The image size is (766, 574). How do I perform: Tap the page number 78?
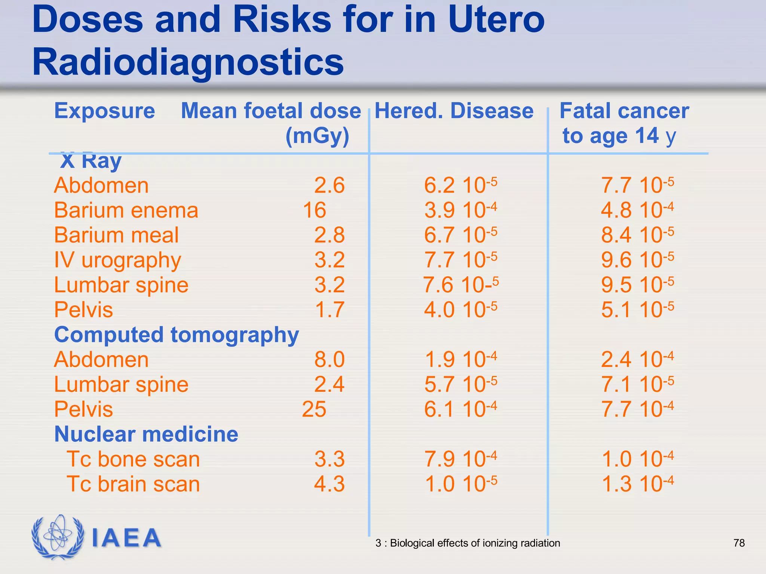pyautogui.click(x=739, y=543)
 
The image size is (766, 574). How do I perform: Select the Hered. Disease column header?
pyautogui.click(x=454, y=111)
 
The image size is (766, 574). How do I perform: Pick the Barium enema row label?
pyautogui.click(x=126, y=210)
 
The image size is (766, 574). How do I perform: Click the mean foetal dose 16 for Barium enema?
pyautogui.click(x=315, y=210)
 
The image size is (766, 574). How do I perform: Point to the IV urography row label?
pyautogui.click(x=117, y=260)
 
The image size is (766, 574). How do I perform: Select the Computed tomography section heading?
pyautogui.click(x=177, y=334)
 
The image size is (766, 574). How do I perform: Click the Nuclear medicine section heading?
pyautogui.click(x=146, y=434)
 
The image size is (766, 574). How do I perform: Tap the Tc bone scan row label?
pyautogui.click(x=133, y=459)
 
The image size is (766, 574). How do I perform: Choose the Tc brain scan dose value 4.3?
pyautogui.click(x=329, y=484)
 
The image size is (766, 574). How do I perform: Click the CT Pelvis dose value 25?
pyautogui.click(x=314, y=409)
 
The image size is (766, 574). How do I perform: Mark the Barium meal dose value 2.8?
pyautogui.click(x=329, y=235)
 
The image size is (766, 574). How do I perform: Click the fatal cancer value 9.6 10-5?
pyautogui.click(x=638, y=259)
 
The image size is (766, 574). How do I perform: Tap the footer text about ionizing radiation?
pyautogui.click(x=468, y=543)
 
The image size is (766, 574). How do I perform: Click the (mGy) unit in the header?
pyautogui.click(x=317, y=136)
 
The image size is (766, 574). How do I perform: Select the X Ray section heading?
pyautogui.click(x=91, y=161)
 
